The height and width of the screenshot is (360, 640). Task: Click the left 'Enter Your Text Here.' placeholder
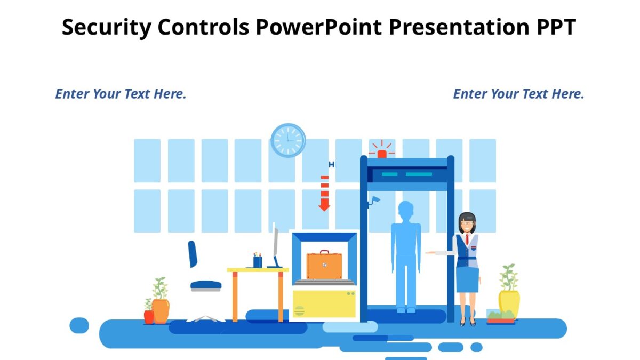pyautogui.click(x=121, y=94)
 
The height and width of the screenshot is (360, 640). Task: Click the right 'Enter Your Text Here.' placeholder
pyautogui.click(x=518, y=94)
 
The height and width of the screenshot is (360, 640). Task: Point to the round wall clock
pyautogui.click(x=288, y=140)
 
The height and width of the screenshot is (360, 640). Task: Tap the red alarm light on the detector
pyautogui.click(x=382, y=154)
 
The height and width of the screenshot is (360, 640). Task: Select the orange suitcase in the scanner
pyautogui.click(x=325, y=266)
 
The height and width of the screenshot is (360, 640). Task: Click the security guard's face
pyautogui.click(x=467, y=224)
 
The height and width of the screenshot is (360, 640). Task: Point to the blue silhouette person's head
pyautogui.click(x=406, y=211)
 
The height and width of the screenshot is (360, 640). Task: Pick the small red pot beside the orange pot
pyautogui.click(x=149, y=316)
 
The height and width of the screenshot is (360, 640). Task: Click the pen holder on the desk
pyautogui.click(x=258, y=261)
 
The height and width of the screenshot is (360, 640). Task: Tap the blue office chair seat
pyautogui.click(x=206, y=285)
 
